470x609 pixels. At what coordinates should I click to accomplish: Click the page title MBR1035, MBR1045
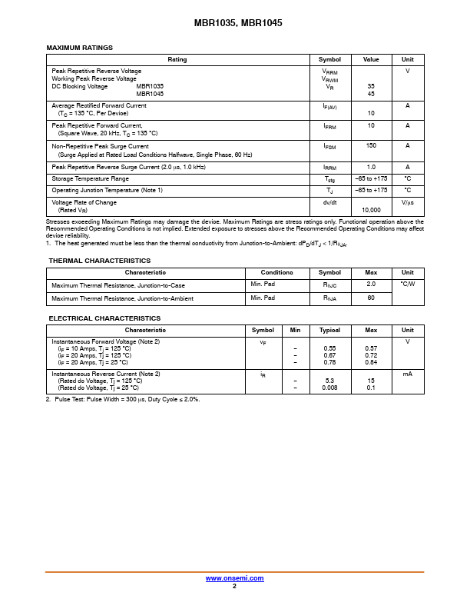pos(234,24)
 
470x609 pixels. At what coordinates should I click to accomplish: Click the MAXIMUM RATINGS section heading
pos(80,48)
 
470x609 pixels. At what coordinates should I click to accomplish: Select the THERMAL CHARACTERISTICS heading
pos(100,261)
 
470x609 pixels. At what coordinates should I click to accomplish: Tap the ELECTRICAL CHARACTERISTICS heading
pos(104,318)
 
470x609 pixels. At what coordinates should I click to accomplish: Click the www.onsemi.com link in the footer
pos(234,578)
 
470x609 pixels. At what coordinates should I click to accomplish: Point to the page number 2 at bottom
pos(234,586)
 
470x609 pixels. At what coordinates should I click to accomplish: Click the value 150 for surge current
pos(371,145)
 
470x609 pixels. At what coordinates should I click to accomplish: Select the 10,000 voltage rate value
pos(371,209)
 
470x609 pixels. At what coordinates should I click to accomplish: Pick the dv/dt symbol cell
pos(329,202)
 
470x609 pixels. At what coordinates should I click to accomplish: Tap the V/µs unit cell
pos(407,202)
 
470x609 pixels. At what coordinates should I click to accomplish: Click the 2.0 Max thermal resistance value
pos(371,285)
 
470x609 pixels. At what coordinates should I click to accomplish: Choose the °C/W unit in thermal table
pos(407,284)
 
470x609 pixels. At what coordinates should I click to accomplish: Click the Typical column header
pos(329,330)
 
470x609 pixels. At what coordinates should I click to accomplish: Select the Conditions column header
pos(276,272)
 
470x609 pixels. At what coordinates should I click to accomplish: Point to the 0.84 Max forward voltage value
pos(371,362)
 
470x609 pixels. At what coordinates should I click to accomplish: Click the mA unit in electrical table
pos(407,374)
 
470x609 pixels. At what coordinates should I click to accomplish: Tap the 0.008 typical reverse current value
pos(329,388)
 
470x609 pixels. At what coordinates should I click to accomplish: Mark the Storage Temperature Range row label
pos(91,178)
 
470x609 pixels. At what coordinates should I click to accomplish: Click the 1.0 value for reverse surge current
pos(371,167)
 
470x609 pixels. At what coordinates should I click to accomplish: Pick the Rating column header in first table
pos(177,59)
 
